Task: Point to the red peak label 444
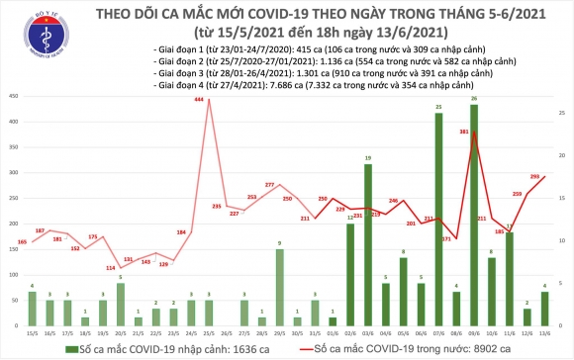coord(200,101)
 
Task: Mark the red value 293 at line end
coord(533,176)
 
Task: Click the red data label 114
coord(112,268)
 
